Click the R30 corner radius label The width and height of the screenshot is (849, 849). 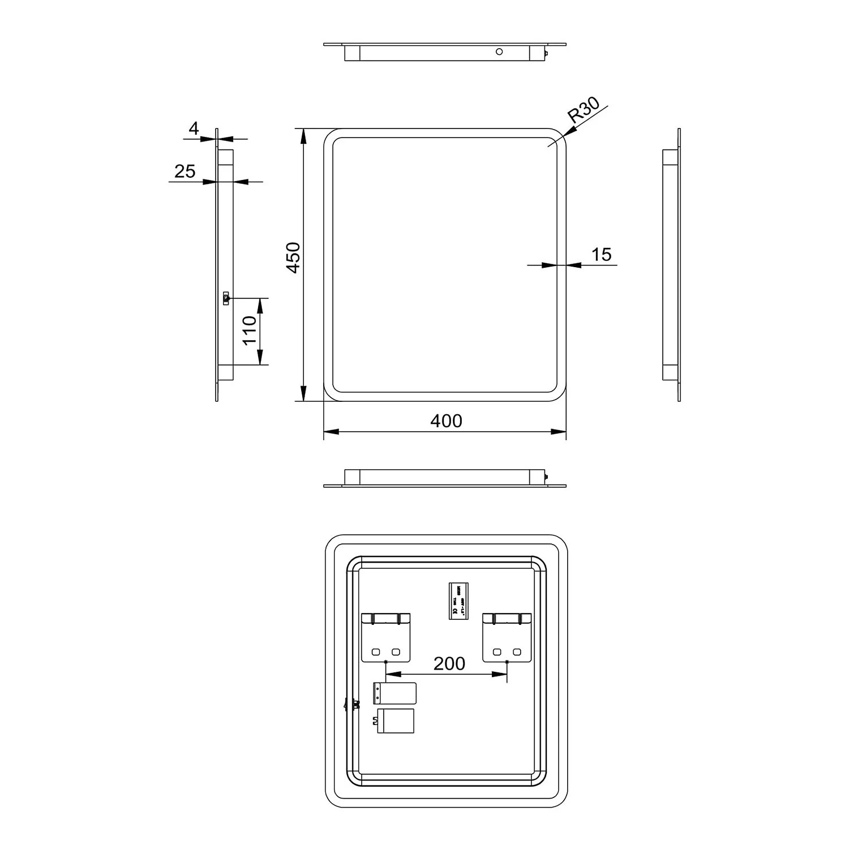[x=583, y=110]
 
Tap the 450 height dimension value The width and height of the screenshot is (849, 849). [x=293, y=258]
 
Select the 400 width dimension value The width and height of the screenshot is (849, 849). [x=446, y=421]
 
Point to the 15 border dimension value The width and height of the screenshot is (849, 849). [x=601, y=255]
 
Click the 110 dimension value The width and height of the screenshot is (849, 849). [x=249, y=331]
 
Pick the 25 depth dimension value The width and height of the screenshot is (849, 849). [x=185, y=171]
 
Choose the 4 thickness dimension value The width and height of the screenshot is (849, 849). [x=194, y=128]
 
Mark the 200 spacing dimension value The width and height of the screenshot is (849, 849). [x=449, y=663]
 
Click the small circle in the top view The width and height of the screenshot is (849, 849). [x=499, y=52]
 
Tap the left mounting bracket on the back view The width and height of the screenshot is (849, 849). [x=385, y=637]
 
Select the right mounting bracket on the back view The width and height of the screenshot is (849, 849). [x=507, y=637]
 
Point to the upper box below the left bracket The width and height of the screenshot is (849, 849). [x=395, y=693]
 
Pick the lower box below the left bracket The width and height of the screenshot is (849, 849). [x=395, y=721]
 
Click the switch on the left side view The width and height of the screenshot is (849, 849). [x=226, y=298]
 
